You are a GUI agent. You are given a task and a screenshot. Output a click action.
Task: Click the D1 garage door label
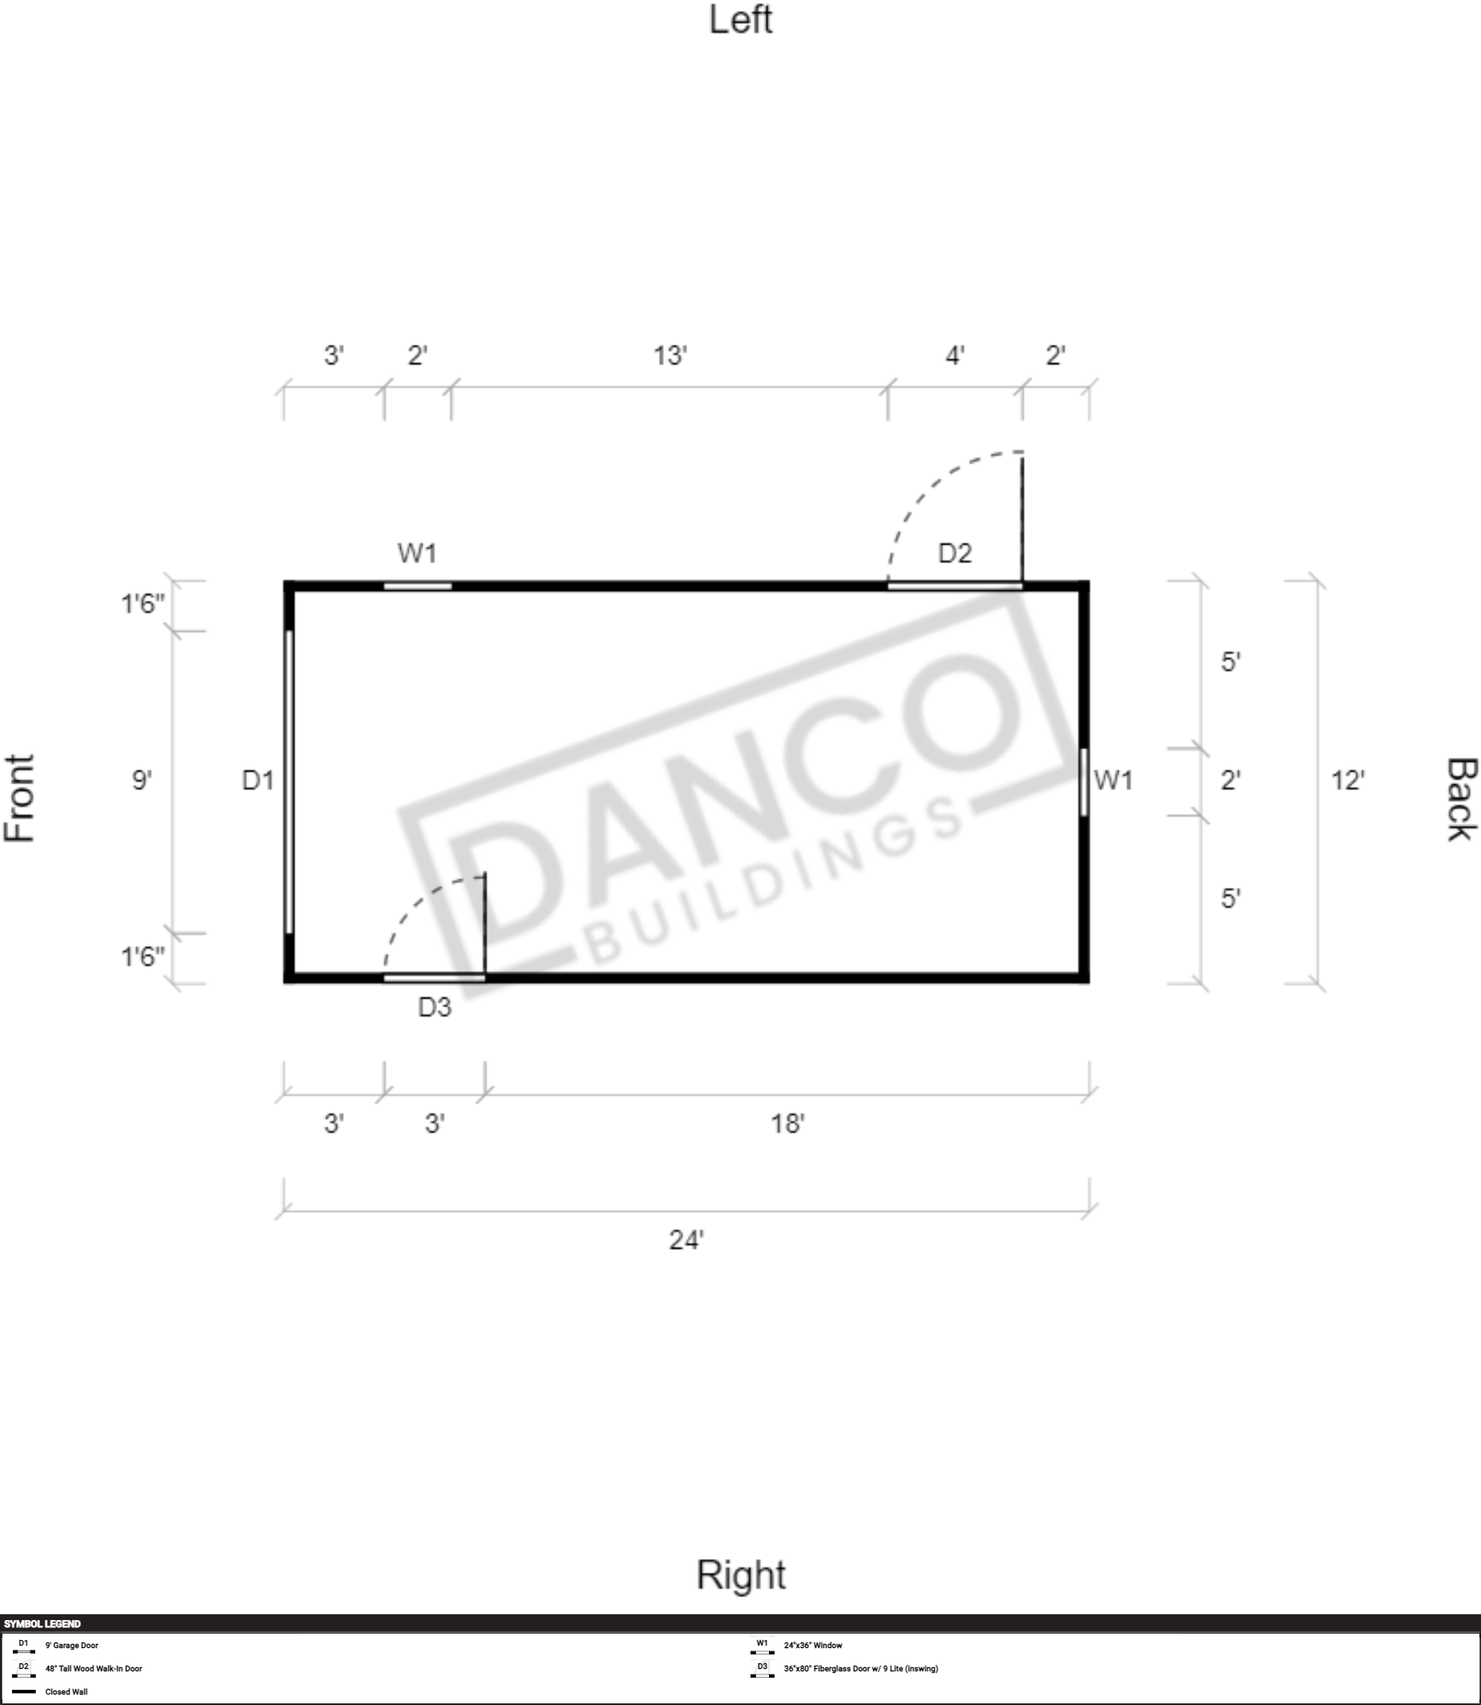click(x=257, y=780)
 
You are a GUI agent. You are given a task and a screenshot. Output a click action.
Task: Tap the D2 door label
click(x=954, y=553)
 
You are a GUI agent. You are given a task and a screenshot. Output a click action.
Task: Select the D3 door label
click(x=435, y=1006)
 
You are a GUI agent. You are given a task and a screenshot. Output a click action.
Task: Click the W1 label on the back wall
click(x=1112, y=780)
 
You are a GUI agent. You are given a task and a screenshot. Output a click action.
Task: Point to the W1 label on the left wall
click(x=416, y=553)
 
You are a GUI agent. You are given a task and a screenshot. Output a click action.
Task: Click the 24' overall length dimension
click(x=686, y=1240)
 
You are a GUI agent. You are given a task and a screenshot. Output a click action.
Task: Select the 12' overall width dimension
click(x=1347, y=780)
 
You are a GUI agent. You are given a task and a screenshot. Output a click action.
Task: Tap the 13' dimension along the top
click(x=670, y=355)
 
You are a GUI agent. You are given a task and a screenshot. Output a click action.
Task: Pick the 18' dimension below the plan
click(x=787, y=1124)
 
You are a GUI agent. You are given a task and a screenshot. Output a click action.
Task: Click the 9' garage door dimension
click(x=141, y=780)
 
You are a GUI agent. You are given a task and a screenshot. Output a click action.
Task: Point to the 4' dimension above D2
click(x=954, y=355)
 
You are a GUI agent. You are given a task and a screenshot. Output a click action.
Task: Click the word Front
click(x=20, y=797)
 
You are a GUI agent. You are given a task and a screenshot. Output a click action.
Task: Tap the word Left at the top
click(x=741, y=20)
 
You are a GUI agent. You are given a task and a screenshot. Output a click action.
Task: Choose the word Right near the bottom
click(x=741, y=1574)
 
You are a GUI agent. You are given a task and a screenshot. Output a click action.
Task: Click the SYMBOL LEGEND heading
click(x=42, y=1624)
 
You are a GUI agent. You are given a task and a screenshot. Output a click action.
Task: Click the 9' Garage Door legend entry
click(x=72, y=1646)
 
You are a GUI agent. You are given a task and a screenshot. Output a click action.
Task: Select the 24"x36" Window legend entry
click(x=813, y=1646)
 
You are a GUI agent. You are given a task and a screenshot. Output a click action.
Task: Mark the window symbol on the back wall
click(x=1083, y=782)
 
